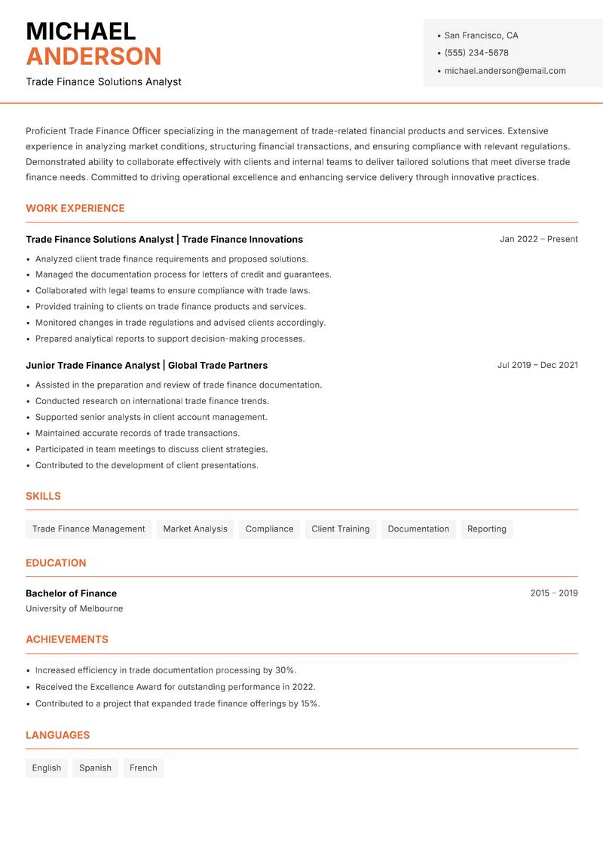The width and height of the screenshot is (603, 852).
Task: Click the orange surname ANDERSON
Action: click(93, 57)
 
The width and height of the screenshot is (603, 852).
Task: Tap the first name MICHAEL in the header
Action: click(81, 31)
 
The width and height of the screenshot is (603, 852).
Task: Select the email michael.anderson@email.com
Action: click(504, 71)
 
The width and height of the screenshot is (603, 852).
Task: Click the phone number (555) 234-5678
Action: click(476, 53)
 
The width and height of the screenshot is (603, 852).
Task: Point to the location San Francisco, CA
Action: click(481, 35)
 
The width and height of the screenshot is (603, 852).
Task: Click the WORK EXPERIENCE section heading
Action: click(75, 208)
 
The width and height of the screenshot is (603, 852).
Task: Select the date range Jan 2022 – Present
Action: click(538, 239)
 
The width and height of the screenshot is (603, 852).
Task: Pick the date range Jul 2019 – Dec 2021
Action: click(537, 365)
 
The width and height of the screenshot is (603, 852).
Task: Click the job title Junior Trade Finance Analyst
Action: click(93, 365)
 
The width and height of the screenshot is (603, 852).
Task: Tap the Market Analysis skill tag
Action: click(195, 529)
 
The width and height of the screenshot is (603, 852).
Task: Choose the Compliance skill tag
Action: click(269, 529)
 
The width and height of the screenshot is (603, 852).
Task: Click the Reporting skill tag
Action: click(486, 529)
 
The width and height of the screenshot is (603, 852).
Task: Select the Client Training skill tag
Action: click(341, 529)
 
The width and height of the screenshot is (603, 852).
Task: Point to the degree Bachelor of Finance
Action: click(71, 593)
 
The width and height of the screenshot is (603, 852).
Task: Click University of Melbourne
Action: click(74, 608)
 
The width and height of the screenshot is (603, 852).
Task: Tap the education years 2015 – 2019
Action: click(553, 593)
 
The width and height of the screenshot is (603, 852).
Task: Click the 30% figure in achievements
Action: click(285, 670)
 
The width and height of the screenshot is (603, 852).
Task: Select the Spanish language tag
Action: click(95, 768)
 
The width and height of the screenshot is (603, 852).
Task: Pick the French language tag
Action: click(143, 768)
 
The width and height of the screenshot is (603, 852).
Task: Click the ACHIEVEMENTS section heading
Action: click(67, 639)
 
